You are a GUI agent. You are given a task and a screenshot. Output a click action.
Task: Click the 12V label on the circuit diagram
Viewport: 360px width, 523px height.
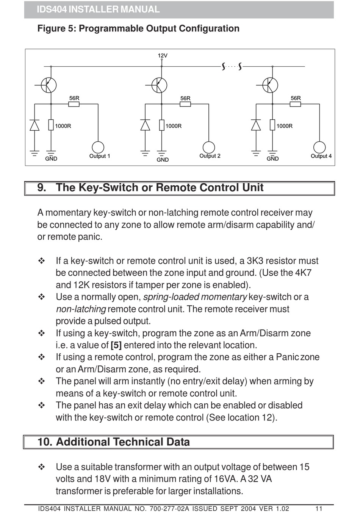(163, 56)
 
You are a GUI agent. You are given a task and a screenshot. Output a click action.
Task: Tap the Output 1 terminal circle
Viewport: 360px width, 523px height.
(98, 147)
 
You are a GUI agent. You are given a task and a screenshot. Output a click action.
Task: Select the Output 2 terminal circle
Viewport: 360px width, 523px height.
(209, 147)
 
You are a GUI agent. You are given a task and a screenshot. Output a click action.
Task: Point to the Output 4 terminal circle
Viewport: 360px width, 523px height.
(319, 147)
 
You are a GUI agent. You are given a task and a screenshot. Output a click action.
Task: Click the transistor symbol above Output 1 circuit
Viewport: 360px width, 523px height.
(49, 85)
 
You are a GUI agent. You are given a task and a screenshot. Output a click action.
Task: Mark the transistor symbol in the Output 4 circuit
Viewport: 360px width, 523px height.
(270, 85)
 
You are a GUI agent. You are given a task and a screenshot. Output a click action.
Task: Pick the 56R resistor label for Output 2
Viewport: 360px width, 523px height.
(185, 98)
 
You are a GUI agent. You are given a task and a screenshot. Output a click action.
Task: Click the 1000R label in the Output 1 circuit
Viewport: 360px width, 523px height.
(63, 126)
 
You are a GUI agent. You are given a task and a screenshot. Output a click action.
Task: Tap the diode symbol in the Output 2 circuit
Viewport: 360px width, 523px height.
(145, 125)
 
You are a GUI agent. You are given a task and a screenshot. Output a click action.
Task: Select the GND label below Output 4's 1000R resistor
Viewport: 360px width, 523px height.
(272, 159)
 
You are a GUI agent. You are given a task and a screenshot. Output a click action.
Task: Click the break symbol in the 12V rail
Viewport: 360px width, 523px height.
(232, 67)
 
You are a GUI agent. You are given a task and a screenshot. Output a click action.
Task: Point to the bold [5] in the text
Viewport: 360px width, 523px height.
(116, 345)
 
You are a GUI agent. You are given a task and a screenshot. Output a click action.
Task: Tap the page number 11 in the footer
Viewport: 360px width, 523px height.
(319, 509)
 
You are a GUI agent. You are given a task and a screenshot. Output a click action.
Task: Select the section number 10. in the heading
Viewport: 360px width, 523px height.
(45, 442)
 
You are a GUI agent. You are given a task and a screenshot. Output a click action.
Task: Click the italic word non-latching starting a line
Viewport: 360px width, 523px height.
(81, 309)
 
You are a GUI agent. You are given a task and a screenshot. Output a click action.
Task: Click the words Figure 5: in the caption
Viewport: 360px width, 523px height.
(56, 29)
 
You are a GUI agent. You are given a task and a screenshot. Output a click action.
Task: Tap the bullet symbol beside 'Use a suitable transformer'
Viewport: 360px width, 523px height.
(42, 467)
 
